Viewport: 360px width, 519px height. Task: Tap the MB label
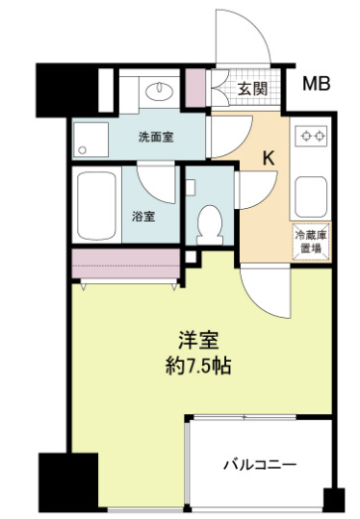tap(317, 85)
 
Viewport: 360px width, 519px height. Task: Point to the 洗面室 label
tap(155, 138)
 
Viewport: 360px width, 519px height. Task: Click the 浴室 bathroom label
tap(143, 217)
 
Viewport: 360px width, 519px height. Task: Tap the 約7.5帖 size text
tap(200, 367)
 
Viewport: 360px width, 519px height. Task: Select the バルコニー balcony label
tap(260, 464)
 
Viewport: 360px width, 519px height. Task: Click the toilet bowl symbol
tap(207, 223)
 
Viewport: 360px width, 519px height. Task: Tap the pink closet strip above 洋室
tap(125, 260)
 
